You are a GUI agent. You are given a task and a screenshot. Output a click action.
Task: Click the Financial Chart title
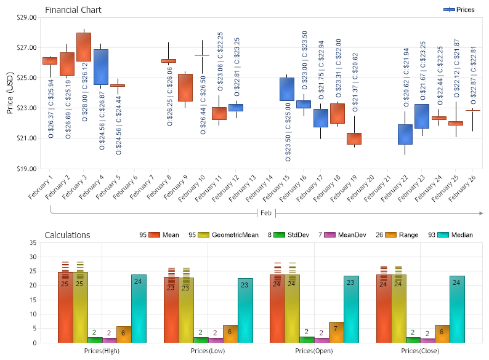pos(73,10)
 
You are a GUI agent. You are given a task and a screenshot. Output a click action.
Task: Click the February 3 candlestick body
pos(84,47)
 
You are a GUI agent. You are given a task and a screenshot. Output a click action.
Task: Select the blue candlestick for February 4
pos(101,66)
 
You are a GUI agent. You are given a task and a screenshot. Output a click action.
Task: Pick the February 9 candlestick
pos(185,87)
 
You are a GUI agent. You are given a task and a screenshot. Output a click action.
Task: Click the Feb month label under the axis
pos(266,213)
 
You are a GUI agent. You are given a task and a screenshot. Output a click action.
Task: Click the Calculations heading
pos(67,235)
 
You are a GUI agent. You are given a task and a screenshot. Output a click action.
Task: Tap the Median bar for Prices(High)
pos(139,308)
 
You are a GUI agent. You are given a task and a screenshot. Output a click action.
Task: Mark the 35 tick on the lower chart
pos(33,243)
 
